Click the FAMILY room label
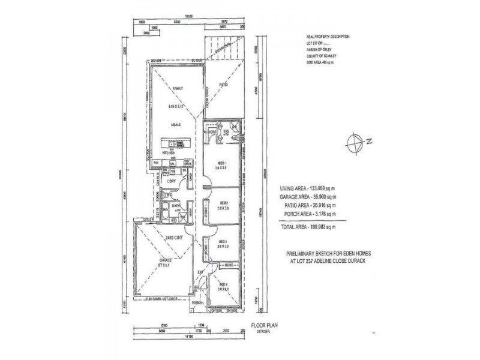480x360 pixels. pos(177,89)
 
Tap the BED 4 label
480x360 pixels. pos(224,284)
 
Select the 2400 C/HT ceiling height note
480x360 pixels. pos(173,238)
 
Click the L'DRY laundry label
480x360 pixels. pos(170,181)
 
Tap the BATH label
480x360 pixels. pos(176,206)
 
